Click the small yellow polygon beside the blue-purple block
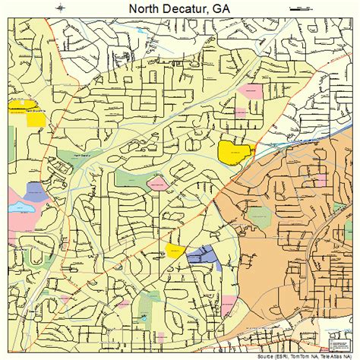pyautogui.click(x=175, y=251)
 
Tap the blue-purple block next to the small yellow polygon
pyautogui.click(x=201, y=255)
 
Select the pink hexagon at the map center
pyautogui.click(x=157, y=183)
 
